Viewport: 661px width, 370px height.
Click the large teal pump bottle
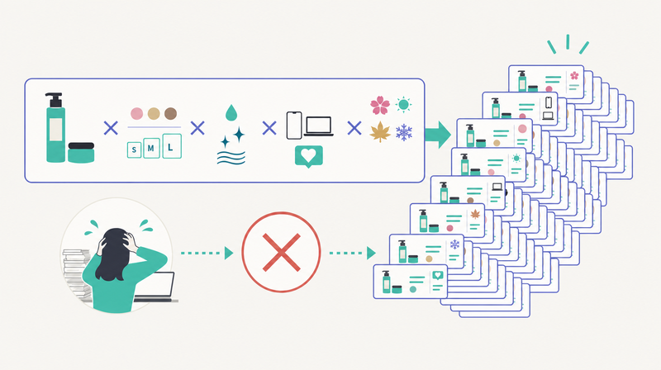pyautogui.click(x=55, y=128)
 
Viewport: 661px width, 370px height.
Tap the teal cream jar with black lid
pyautogui.click(x=81, y=153)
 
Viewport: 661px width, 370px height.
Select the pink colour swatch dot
pyautogui.click(x=136, y=113)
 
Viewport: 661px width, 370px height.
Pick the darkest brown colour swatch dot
pyautogui.click(x=171, y=113)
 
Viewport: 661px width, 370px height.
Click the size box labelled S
pyautogui.click(x=134, y=149)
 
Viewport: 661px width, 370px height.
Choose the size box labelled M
pyautogui.click(x=151, y=148)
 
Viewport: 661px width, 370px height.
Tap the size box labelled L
pyautogui.click(x=172, y=146)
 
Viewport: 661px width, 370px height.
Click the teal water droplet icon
pyautogui.click(x=231, y=112)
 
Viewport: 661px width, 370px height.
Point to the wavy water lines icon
pyautogui.click(x=231, y=158)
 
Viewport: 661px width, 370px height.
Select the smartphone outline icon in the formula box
pyautogui.click(x=294, y=126)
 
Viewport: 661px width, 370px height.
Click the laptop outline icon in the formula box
pyautogui.click(x=319, y=126)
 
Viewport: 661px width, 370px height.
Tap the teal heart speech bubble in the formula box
pyautogui.click(x=308, y=157)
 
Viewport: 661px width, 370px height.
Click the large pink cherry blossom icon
pyautogui.click(x=380, y=105)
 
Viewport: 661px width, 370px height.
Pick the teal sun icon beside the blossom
pyautogui.click(x=403, y=104)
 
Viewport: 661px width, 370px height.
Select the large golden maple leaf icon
pyautogui.click(x=380, y=131)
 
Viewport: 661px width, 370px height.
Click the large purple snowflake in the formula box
pyautogui.click(x=404, y=132)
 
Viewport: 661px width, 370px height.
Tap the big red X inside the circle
pyautogui.click(x=281, y=253)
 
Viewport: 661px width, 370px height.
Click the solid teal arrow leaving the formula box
pyautogui.click(x=438, y=135)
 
